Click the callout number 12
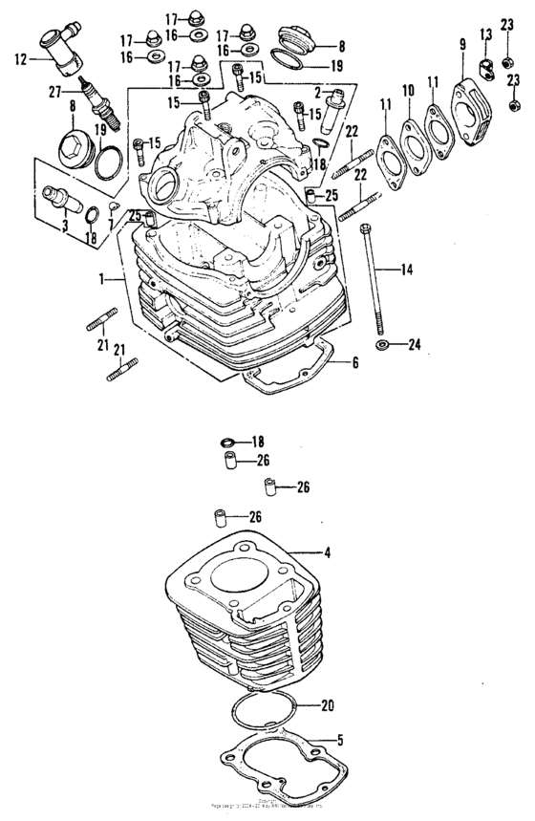(19, 57)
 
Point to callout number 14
(408, 270)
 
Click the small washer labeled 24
(383, 343)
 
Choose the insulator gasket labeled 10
(412, 134)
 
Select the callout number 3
(65, 227)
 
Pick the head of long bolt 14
(366, 227)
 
